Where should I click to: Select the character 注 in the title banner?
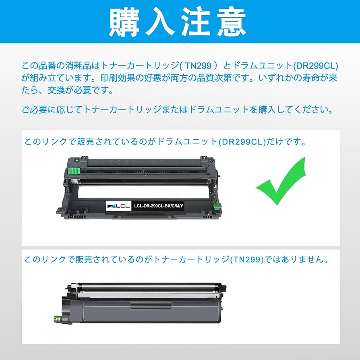[x=200, y=21]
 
